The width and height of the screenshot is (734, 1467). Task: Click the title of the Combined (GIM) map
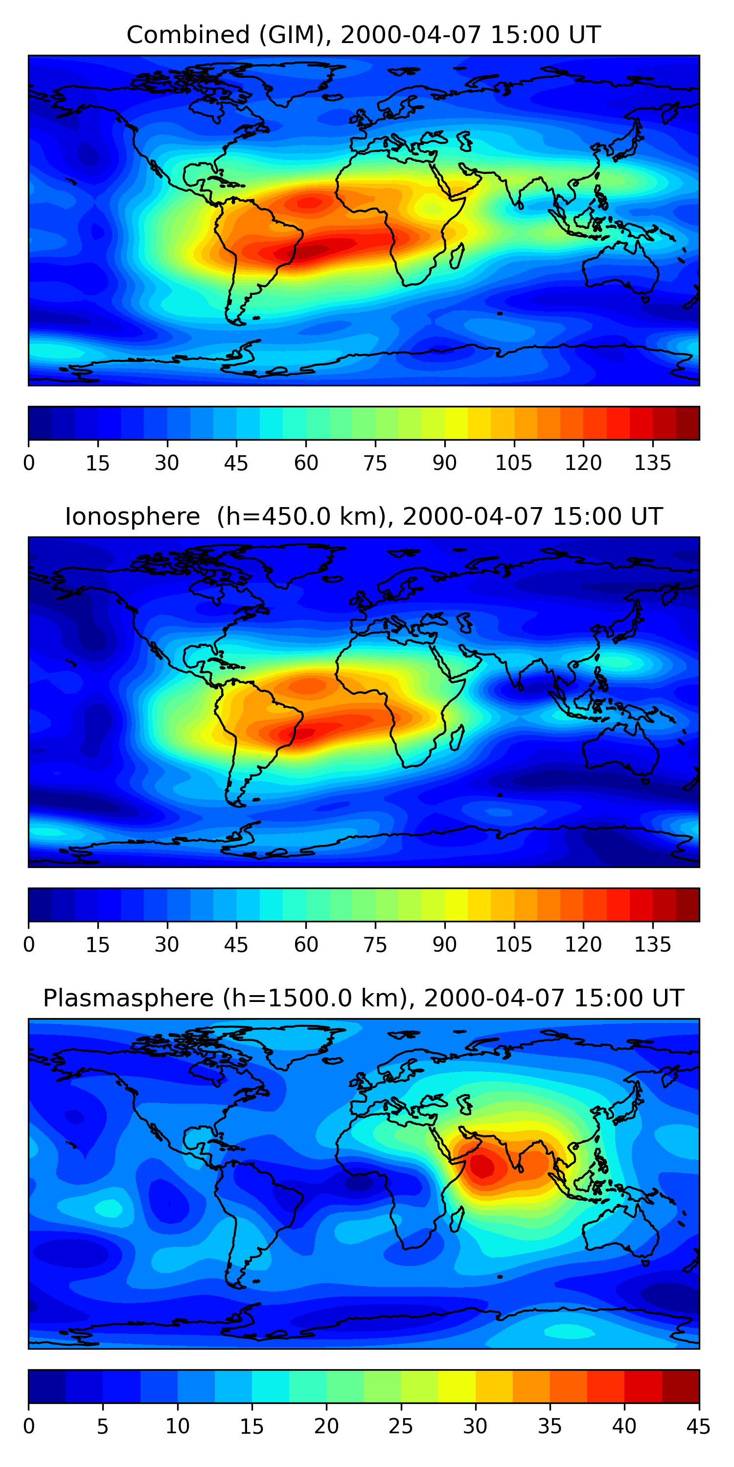364,35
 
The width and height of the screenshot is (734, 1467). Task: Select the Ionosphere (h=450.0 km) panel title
364,516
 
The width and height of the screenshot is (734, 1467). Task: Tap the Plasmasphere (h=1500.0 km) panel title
364,999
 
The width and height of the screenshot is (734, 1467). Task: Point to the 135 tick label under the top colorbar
652,463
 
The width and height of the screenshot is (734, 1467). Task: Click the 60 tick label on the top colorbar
306,463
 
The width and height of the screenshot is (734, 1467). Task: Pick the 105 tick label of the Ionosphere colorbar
513,945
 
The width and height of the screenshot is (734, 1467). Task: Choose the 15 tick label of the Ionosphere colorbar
97,945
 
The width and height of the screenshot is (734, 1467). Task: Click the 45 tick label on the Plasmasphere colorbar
698,1426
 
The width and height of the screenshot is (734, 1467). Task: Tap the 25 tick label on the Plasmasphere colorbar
401,1426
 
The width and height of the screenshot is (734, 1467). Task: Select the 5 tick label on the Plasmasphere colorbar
103,1426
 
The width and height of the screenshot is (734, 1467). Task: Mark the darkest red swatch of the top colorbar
688,423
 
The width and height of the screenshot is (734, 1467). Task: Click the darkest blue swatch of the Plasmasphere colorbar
46,1386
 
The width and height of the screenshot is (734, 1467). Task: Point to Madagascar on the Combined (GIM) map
457,256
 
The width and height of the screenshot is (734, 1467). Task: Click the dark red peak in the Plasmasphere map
483,1166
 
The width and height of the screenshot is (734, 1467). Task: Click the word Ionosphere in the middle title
132,516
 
